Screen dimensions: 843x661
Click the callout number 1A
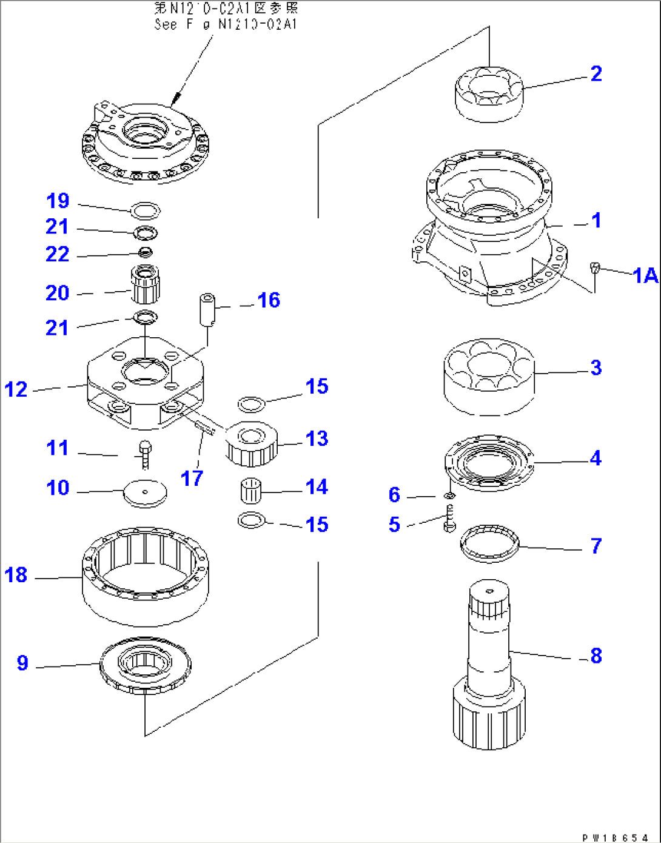pyautogui.click(x=645, y=275)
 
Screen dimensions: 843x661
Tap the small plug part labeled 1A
pyautogui.click(x=595, y=267)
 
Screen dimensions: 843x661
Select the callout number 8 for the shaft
pyautogui.click(x=596, y=655)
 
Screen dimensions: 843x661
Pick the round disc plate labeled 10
pyautogui.click(x=144, y=493)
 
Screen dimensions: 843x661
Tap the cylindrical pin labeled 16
pyautogui.click(x=207, y=309)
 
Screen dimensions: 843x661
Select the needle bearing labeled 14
pyautogui.click(x=250, y=490)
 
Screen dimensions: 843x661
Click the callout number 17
pyautogui.click(x=192, y=478)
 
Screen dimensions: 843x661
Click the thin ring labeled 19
pyautogui.click(x=146, y=210)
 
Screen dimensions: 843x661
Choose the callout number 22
pyautogui.click(x=58, y=254)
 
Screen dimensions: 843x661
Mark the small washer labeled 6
pyautogui.click(x=449, y=496)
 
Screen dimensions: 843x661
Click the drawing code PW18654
pyautogui.click(x=615, y=838)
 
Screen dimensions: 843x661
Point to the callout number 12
pyautogui.click(x=16, y=389)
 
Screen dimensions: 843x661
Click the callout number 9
pyautogui.click(x=22, y=662)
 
